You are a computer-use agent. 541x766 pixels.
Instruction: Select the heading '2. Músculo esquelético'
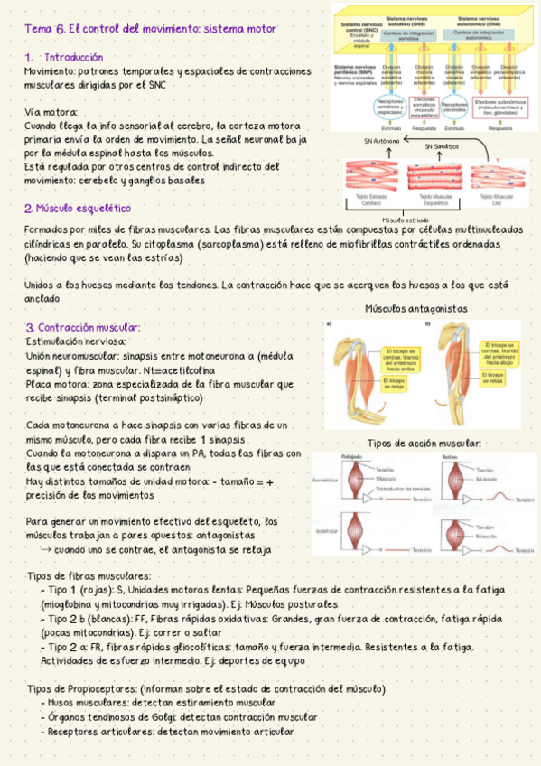[x=78, y=208]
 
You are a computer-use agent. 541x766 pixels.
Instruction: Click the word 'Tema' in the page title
[x=40, y=29]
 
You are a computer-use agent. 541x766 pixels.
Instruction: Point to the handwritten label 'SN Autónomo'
[x=382, y=141]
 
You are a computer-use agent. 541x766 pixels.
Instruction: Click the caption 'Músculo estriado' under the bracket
[x=406, y=220]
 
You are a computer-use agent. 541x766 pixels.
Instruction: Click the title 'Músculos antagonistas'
[x=416, y=308]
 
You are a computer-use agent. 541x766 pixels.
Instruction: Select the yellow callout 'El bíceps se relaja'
[x=498, y=376]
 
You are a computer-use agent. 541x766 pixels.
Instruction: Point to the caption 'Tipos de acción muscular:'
[x=424, y=443]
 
